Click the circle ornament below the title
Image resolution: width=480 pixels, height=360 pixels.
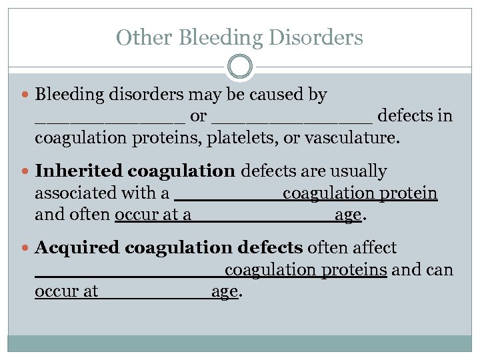tap(240, 67)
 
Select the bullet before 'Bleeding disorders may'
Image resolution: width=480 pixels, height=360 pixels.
tap(26, 95)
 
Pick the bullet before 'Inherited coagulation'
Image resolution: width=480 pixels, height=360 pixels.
tap(26, 172)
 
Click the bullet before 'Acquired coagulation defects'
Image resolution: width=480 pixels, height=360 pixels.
tap(26, 249)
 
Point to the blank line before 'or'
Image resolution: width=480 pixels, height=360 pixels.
tap(110, 121)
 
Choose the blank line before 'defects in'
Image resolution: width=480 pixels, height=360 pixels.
tap(292, 121)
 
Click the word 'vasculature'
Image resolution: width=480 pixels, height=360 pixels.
tap(357, 138)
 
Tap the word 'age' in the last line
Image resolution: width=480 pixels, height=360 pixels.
tap(224, 291)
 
